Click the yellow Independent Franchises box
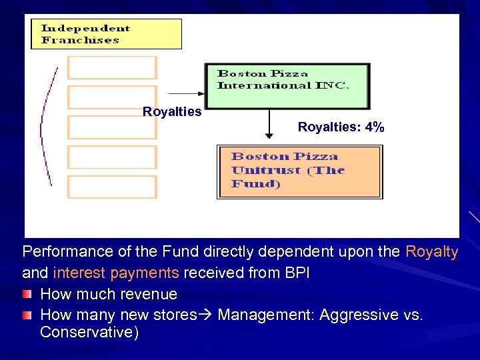coord(106,34)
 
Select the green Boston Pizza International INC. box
coord(287,86)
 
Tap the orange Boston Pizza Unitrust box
coord(300,172)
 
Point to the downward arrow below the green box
coord(269,124)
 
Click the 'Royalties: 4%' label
coord(341,127)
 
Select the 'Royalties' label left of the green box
coord(172,112)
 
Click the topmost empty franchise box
coord(112,67)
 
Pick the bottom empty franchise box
coord(112,187)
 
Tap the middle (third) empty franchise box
coord(112,127)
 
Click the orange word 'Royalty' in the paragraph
coord(431,252)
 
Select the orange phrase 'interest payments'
coord(115,273)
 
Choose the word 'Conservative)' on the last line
coord(89,333)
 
